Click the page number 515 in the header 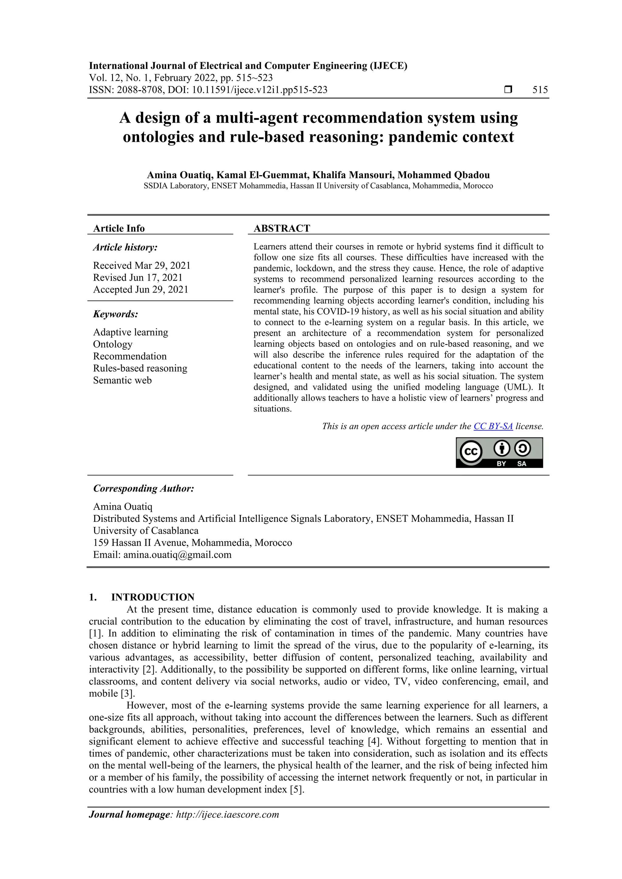pos(540,90)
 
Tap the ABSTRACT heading pos(282,228)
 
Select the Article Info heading pos(119,228)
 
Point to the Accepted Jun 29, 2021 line pos(141,289)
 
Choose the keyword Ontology pos(113,344)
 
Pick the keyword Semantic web pos(122,380)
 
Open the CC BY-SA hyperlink pos(493,426)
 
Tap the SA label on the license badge pos(521,464)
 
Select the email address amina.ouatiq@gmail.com pos(177,555)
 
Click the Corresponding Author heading pos(143,489)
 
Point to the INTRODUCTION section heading pos(152,597)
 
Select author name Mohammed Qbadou pos(443,175)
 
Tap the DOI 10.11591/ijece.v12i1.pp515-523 pos(259,90)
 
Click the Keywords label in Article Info pos(115,314)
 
